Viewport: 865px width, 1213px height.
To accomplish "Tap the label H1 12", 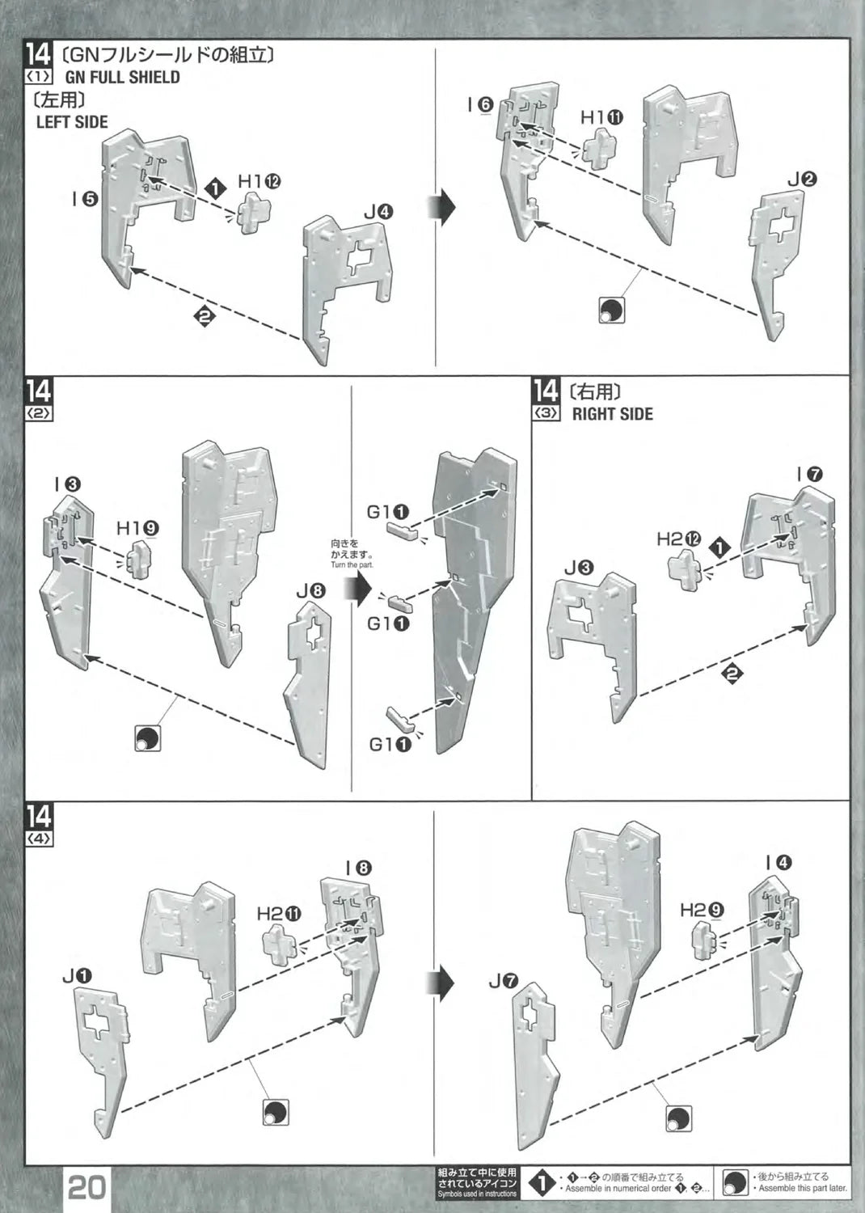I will coord(259,181).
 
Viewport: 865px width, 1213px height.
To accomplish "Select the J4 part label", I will coord(378,212).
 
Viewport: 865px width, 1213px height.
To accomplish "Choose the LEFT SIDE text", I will coord(72,122).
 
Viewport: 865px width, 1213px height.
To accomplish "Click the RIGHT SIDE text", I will coord(612,414).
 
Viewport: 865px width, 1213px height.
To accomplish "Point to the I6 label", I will coord(480,104).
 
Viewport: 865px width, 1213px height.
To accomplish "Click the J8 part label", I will coord(310,590).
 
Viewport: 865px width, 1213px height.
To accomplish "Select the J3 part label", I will coord(579,568).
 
